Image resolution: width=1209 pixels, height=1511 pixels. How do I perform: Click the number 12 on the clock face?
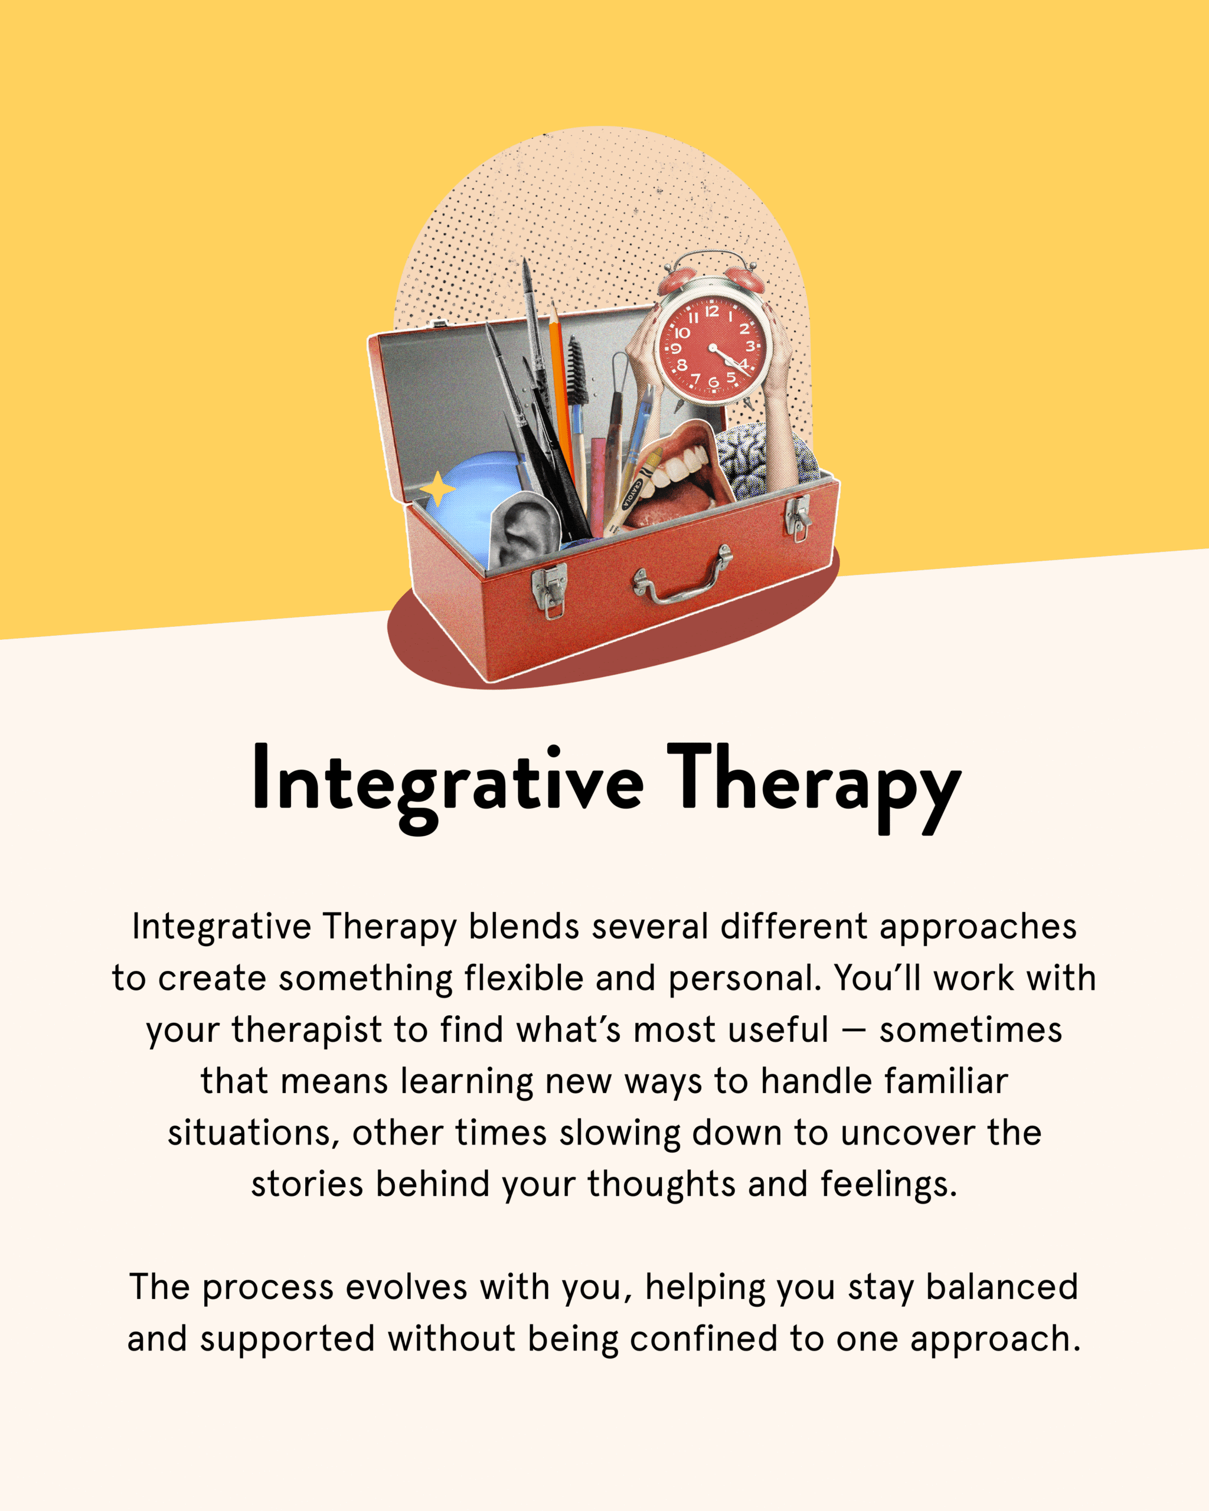click(x=712, y=311)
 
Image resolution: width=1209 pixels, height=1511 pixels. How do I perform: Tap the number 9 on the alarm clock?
click(x=676, y=348)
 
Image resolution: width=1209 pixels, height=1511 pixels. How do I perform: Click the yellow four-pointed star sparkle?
click(x=438, y=489)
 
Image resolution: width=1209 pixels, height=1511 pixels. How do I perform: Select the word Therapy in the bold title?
click(x=813, y=788)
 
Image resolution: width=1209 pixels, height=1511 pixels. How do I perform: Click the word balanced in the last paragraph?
click(x=1002, y=1287)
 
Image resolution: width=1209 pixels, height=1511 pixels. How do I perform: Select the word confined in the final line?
click(x=704, y=1339)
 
